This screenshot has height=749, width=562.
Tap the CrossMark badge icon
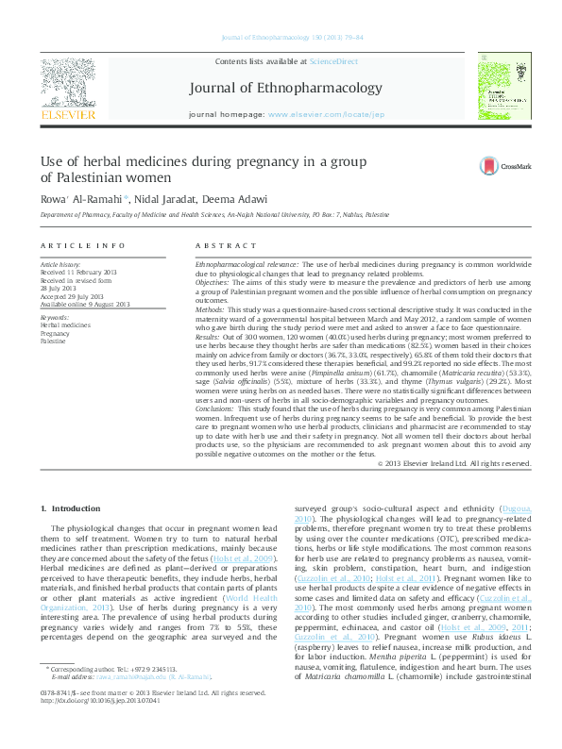493,166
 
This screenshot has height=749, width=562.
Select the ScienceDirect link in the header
334,60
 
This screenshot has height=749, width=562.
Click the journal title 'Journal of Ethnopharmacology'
299,89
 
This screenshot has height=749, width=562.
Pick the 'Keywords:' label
55,317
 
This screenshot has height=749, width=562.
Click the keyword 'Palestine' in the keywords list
54,341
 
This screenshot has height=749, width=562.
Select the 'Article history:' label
60,266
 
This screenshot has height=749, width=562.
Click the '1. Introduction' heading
69,509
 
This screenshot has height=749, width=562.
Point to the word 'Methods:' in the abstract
211,308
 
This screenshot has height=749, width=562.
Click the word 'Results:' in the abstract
209,336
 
